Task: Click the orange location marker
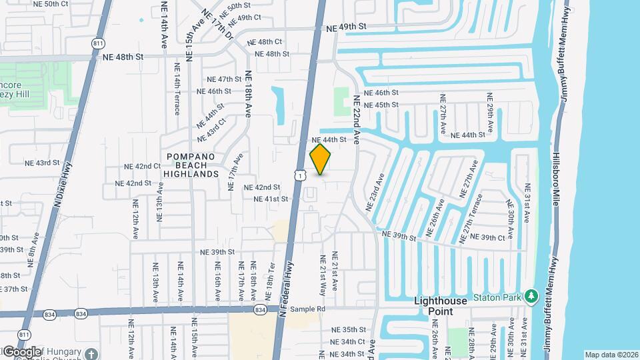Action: [x=321, y=159]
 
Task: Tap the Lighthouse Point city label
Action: [x=441, y=307]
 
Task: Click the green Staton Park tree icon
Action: [x=531, y=296]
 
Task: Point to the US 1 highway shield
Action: [x=301, y=175]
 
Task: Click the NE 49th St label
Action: [x=347, y=27]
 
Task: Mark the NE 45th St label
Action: [x=382, y=105]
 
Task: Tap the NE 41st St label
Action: [x=271, y=199]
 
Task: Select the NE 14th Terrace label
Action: [x=177, y=94]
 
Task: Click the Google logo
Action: [x=21, y=352]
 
